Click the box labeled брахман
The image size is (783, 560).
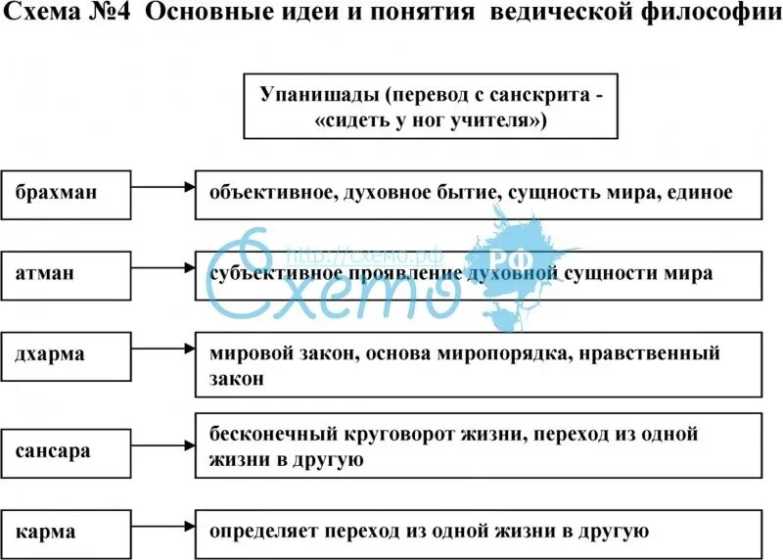[67, 192]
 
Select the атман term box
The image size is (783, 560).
[67, 273]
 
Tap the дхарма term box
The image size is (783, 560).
[67, 354]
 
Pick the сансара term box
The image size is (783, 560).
[67, 451]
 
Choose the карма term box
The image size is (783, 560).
[67, 533]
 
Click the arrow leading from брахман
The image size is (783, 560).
[162, 184]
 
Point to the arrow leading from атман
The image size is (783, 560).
[162, 265]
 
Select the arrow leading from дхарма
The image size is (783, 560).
[162, 347]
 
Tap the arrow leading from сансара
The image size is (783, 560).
[162, 443]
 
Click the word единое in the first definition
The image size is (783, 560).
[700, 192]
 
